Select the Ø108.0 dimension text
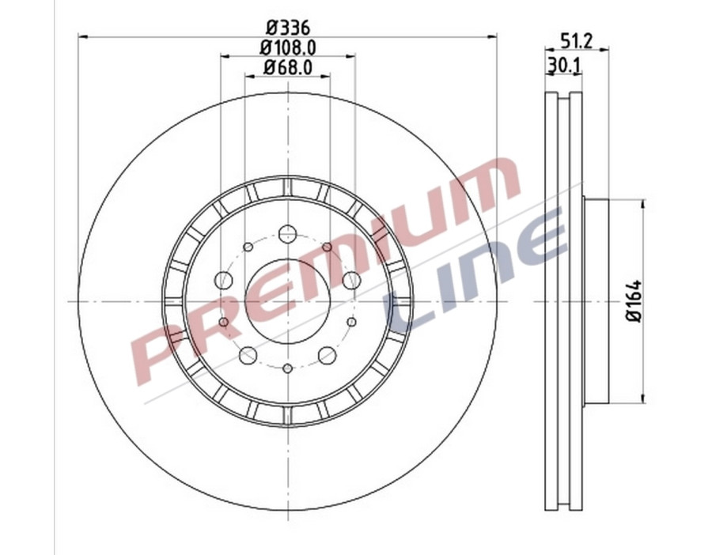pyautogui.click(x=287, y=47)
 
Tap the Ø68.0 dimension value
pyautogui.click(x=287, y=68)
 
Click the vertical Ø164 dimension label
pyautogui.click(x=633, y=301)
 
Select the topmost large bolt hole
pyautogui.click(x=287, y=234)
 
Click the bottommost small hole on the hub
pyautogui.click(x=287, y=368)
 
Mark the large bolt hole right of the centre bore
pyautogui.click(x=351, y=280)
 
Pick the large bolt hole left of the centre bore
pyautogui.click(x=224, y=280)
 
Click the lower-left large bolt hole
pyautogui.click(x=248, y=356)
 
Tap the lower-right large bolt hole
pyautogui.click(x=327, y=356)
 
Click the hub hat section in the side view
pyautogui.click(x=596, y=301)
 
